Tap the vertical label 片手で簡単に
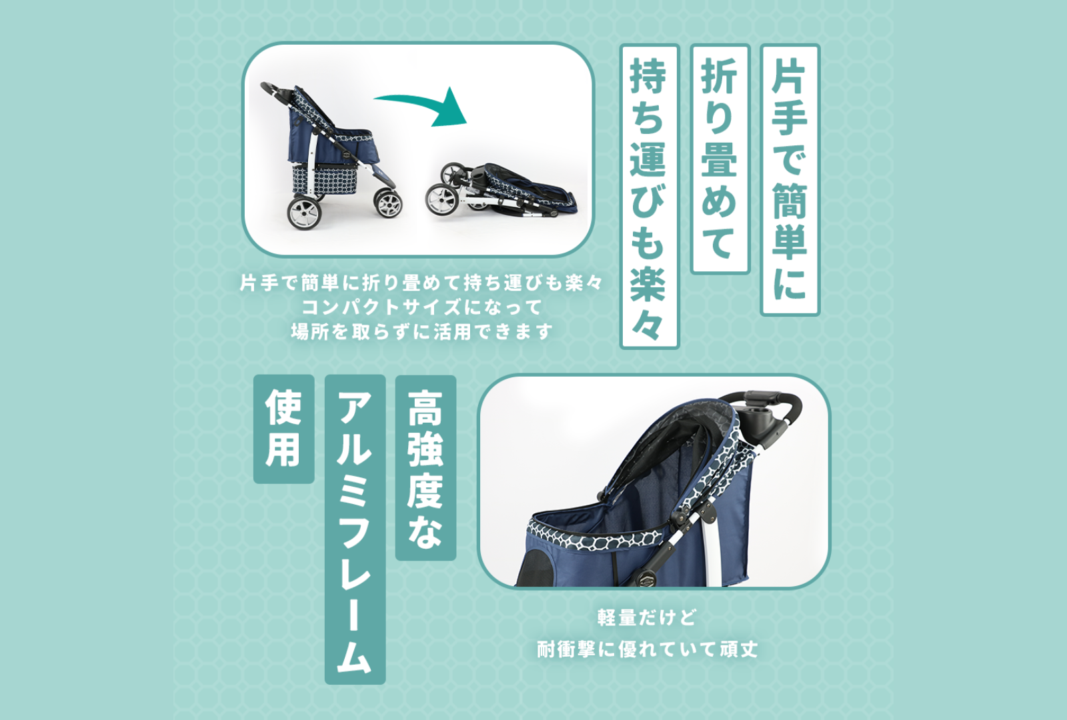point(790,179)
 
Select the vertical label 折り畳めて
point(720,159)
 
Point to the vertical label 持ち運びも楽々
point(650,196)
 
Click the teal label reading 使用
point(283,429)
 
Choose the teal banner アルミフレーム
point(355,529)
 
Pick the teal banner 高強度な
point(425,467)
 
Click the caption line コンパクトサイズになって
point(422,307)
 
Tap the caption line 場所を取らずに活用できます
point(422,331)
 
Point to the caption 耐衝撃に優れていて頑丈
point(648,649)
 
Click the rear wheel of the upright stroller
point(304,213)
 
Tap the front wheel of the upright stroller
point(387,203)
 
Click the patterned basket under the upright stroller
point(324,179)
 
